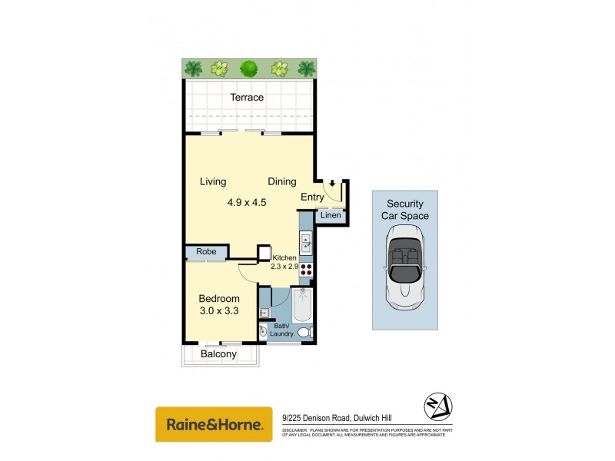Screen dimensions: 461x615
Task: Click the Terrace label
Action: click(247, 98)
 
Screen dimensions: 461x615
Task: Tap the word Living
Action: click(213, 182)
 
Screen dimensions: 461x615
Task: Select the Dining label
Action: click(282, 182)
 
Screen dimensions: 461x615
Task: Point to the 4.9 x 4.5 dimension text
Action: click(247, 203)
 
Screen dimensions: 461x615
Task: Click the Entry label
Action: click(312, 197)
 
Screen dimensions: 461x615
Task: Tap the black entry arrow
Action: click(331, 184)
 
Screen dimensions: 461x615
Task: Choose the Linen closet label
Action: click(331, 216)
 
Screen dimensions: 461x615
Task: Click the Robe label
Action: click(206, 252)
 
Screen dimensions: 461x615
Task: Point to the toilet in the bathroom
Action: click(304, 333)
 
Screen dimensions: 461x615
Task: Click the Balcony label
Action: click(219, 354)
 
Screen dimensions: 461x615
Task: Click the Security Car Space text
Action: click(405, 210)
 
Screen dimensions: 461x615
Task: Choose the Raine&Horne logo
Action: click(214, 424)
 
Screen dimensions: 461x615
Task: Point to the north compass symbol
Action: click(438, 406)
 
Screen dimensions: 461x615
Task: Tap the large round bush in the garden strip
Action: click(248, 68)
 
